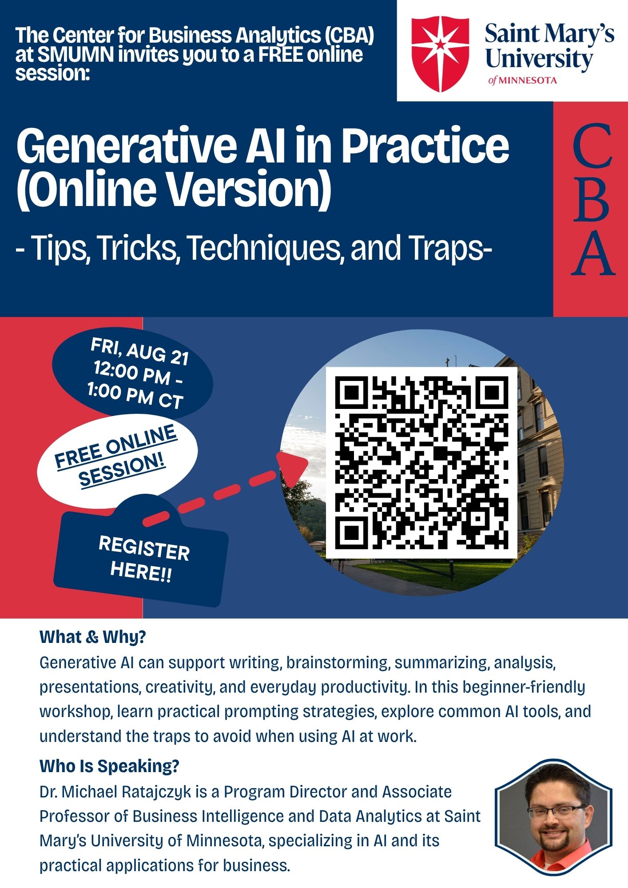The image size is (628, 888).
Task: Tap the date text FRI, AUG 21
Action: (140, 351)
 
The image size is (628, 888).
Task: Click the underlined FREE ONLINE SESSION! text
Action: (116, 456)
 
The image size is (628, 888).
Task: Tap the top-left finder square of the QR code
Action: (352, 393)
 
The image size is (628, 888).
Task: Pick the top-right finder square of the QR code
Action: (491, 393)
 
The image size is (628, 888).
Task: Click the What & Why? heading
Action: (92, 637)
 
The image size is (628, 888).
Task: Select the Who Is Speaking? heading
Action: (109, 766)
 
